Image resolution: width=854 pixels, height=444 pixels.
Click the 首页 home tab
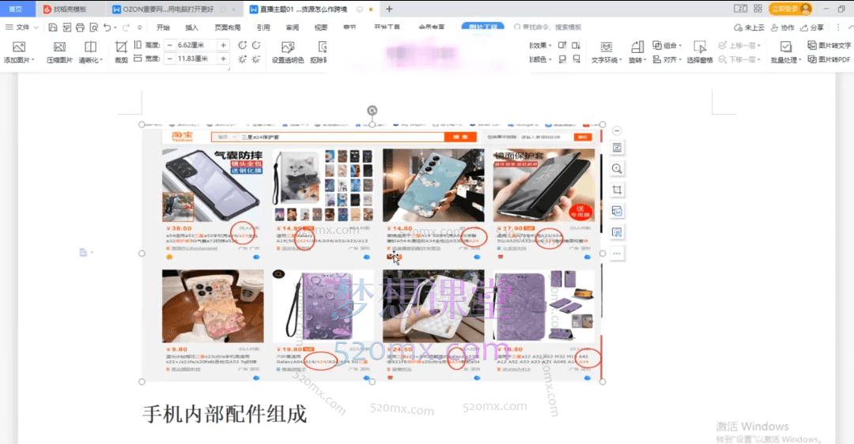coord(16,9)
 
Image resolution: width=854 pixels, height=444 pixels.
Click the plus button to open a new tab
coord(388,9)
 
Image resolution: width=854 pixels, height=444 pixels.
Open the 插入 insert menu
coord(192,27)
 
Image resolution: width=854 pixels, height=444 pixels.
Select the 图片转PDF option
coord(829,59)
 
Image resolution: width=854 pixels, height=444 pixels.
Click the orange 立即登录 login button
coord(790,9)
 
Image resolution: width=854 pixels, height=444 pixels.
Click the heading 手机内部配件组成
coord(224,413)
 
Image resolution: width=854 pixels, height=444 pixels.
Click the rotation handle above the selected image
coord(372,110)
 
